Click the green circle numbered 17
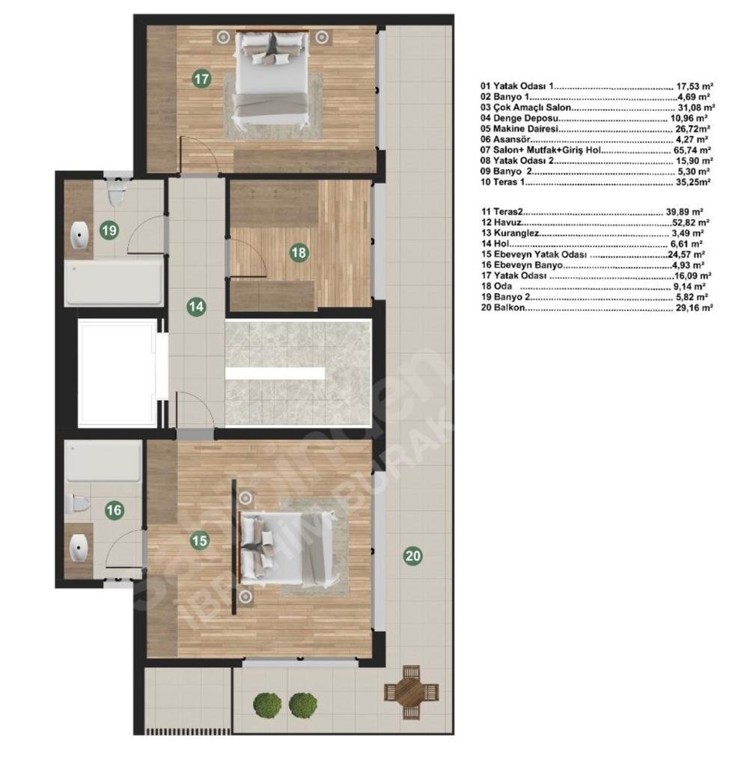(201, 79)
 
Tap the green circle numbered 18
(299, 253)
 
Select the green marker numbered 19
(109, 230)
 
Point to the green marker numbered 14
(196, 307)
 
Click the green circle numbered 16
(115, 510)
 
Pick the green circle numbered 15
(200, 541)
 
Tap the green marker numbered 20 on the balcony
(413, 556)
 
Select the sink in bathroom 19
(79, 236)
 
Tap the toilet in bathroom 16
(77, 503)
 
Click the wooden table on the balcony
(411, 692)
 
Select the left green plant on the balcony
(267, 705)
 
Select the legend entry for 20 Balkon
(597, 307)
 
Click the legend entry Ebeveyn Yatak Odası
(540, 254)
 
